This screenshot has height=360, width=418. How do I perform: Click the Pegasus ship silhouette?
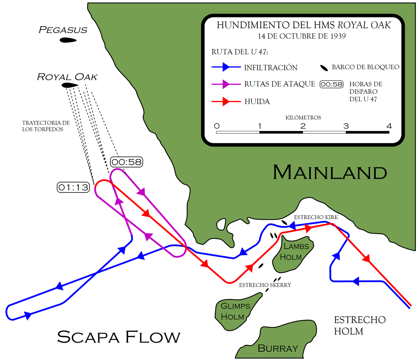pos(68,40)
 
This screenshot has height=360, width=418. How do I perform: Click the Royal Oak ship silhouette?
pos(70,85)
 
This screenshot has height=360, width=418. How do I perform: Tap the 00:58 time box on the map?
pos(126,162)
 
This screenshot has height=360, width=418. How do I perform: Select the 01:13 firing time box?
pos(73,187)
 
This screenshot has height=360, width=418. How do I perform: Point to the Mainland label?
pos(330,172)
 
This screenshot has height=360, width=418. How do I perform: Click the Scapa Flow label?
pos(119,337)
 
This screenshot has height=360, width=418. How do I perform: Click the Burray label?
pos(278,348)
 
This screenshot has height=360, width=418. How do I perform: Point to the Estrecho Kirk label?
pos(316,217)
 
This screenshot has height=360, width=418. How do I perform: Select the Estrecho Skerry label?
pos(265,285)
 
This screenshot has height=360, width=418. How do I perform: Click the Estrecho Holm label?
pos(360,326)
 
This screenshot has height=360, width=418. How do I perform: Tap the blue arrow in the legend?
pos(226,67)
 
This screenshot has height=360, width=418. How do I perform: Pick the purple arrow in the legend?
pos(226,84)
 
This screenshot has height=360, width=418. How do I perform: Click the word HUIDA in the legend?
pos(257,101)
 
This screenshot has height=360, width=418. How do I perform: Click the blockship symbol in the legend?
pos(324,68)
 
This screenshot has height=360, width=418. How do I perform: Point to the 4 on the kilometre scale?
pos(389,126)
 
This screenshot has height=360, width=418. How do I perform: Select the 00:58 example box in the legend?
pos(332,84)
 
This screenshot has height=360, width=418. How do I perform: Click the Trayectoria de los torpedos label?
pos(46,126)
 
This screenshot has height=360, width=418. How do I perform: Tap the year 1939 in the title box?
pos(338,36)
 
